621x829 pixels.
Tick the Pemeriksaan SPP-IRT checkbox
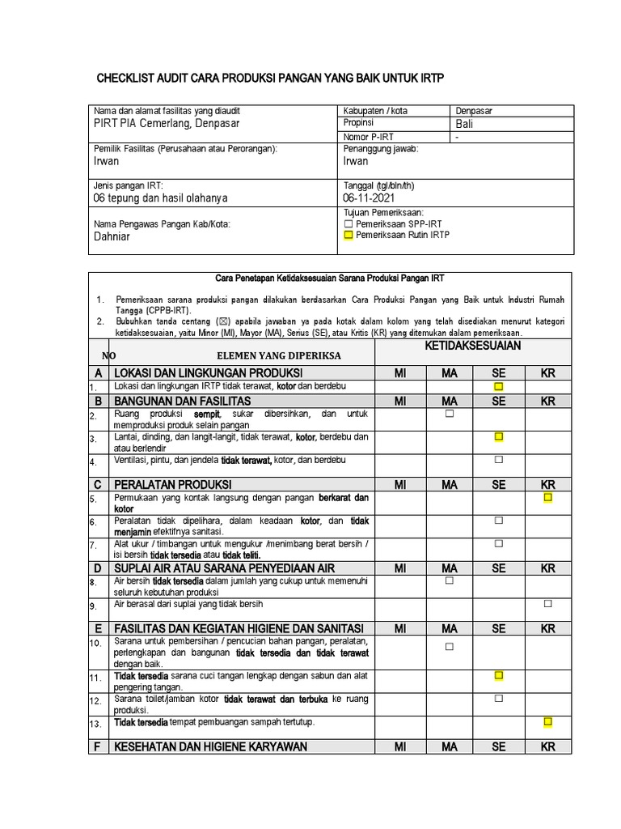349,223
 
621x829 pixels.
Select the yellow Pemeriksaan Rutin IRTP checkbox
349,235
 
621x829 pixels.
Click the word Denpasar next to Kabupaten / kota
475,111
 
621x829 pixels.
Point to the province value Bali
465,124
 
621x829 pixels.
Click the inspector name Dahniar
112,236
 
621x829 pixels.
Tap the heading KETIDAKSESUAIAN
472,346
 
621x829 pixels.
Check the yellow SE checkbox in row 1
499,387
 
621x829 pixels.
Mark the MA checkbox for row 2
450,414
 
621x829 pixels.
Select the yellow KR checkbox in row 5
547,497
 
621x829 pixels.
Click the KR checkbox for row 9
547,604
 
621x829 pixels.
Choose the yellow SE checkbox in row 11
499,675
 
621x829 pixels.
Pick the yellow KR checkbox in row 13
547,721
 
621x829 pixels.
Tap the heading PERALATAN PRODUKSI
168,484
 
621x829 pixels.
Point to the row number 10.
95,644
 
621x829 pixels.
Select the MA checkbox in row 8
450,580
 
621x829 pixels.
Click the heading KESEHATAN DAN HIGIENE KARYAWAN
211,746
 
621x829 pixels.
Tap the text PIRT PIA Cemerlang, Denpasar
167,124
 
